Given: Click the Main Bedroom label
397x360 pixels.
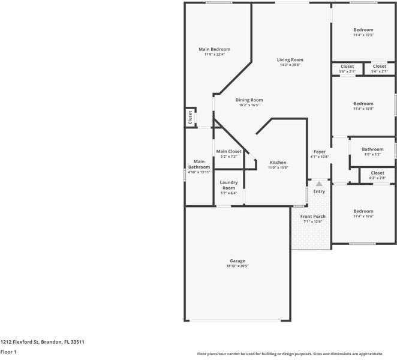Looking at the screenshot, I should pos(214,49).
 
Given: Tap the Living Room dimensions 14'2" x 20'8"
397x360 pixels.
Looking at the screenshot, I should pos(290,65).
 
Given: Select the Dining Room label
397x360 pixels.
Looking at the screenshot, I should pos(249,100).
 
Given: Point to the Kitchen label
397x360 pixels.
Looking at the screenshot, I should pos(278,163).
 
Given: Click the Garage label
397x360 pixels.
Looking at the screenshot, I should pos(237,261).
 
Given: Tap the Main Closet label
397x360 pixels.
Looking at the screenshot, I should pos(228,151).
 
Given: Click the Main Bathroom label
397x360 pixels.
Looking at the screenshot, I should pos(199,164).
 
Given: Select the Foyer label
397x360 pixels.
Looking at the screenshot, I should pos(319,152).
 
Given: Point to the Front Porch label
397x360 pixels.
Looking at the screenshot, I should pos(312,216).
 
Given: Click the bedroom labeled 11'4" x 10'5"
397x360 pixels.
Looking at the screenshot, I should pos(363,30).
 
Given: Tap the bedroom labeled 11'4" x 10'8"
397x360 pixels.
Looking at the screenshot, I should pos(363,104).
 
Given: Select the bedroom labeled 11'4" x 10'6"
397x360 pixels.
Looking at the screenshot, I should pos(363,211).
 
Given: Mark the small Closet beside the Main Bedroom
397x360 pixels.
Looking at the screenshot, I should pos(190,117).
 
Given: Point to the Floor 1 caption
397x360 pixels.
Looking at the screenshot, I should pos(8,352).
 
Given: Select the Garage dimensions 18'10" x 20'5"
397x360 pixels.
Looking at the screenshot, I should pos(237,266).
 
